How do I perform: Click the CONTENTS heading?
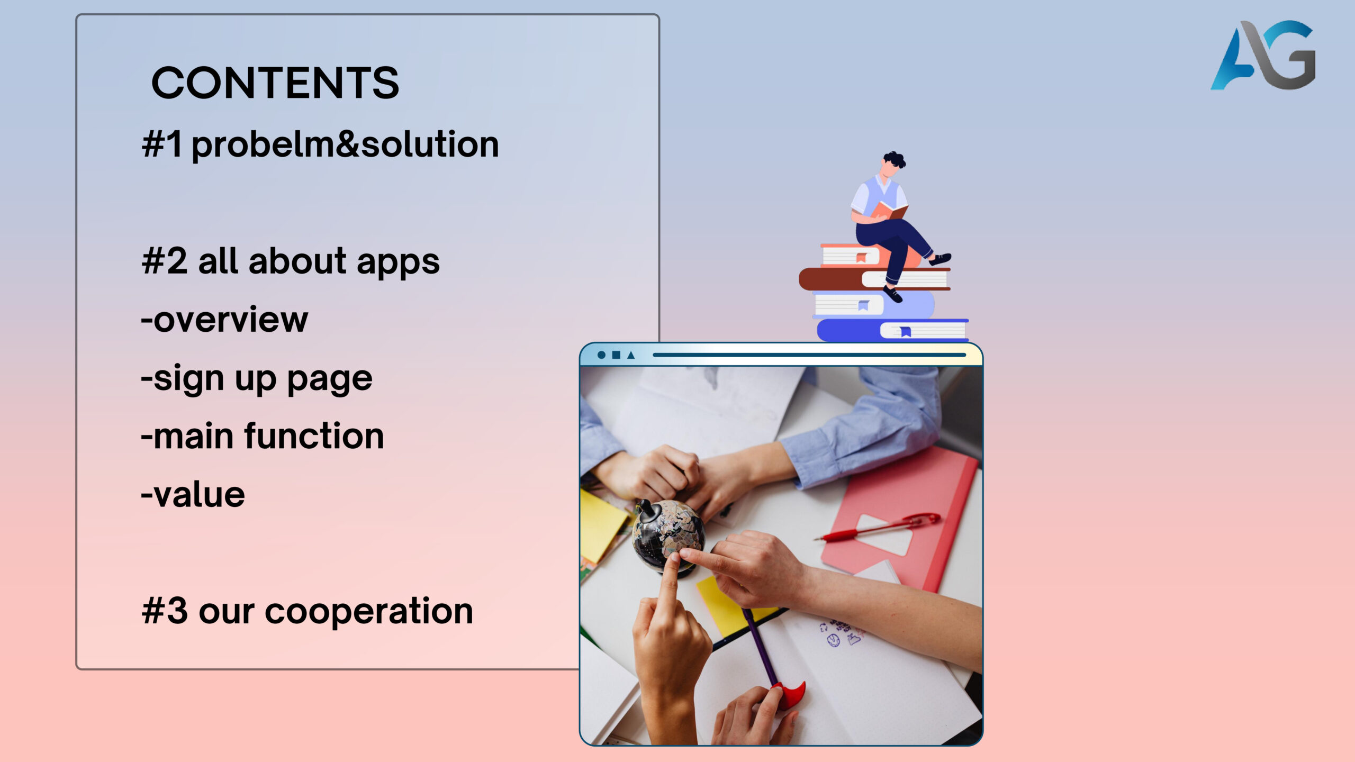pos(275,83)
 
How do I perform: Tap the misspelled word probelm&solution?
pos(345,145)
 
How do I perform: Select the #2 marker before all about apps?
pos(165,261)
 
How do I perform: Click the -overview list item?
pos(224,320)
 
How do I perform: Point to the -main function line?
pos(263,436)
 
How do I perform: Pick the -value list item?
pos(193,495)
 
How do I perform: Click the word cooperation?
pos(369,611)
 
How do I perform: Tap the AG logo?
pos(1263,55)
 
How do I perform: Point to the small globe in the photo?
pos(668,534)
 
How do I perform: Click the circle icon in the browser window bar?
pos(601,355)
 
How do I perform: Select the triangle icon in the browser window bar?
pos(631,355)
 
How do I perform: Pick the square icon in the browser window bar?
pos(616,355)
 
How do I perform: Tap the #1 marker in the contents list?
pos(162,144)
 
